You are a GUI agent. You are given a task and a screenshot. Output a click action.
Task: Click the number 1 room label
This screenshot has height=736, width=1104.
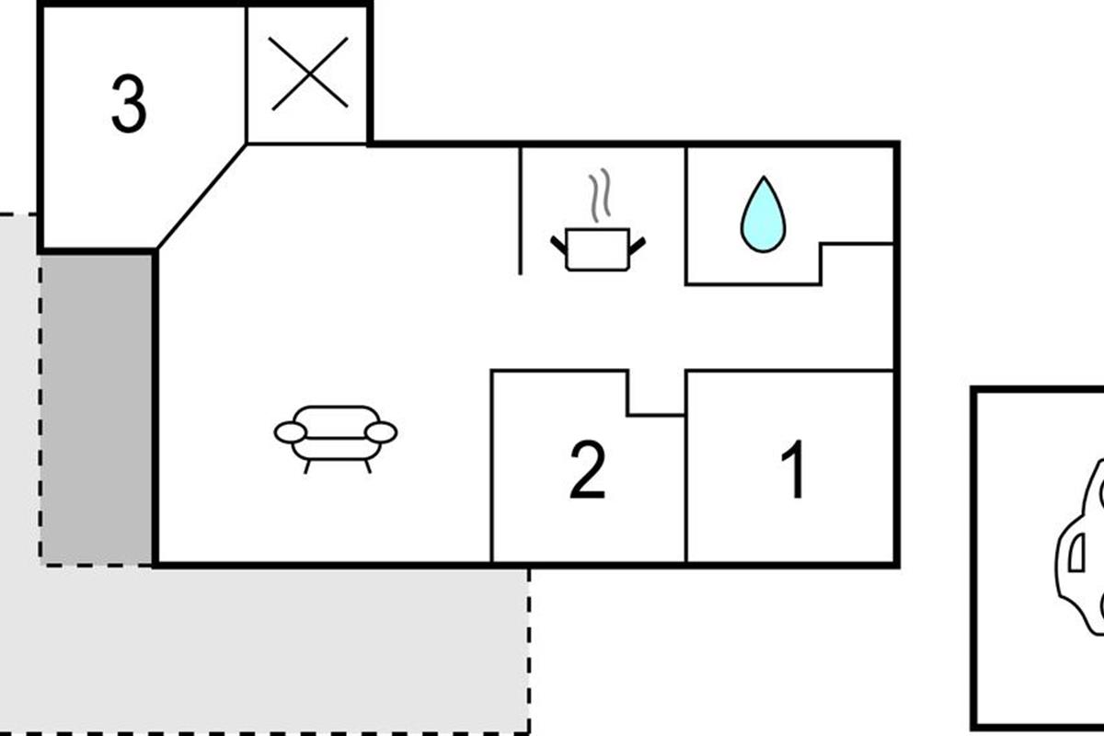pyautogui.click(x=793, y=470)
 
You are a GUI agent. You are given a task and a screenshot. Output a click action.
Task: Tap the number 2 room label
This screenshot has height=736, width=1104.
pyautogui.click(x=588, y=470)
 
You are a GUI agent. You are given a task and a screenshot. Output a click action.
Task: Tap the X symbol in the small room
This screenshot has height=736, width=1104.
pyautogui.click(x=309, y=74)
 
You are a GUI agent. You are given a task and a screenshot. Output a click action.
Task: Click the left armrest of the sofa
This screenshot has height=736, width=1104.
pyautogui.click(x=290, y=432)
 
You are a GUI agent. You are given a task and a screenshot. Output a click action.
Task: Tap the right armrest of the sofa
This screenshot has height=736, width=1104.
pyautogui.click(x=381, y=431)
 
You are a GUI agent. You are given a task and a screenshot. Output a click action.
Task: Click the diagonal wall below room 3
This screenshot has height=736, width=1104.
pyautogui.click(x=201, y=196)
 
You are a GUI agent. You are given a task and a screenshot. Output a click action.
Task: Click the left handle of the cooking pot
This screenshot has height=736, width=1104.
pyautogui.click(x=558, y=244)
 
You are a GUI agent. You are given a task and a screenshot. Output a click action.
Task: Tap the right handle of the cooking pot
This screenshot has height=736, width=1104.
pyautogui.click(x=637, y=244)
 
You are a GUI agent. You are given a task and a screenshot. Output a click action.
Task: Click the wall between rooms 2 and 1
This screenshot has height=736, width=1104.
pyautogui.click(x=686, y=488)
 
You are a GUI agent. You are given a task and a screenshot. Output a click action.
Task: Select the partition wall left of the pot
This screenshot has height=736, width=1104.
pyautogui.click(x=521, y=210)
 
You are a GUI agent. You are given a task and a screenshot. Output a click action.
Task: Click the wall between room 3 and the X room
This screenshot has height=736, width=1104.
pyautogui.click(x=247, y=74)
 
